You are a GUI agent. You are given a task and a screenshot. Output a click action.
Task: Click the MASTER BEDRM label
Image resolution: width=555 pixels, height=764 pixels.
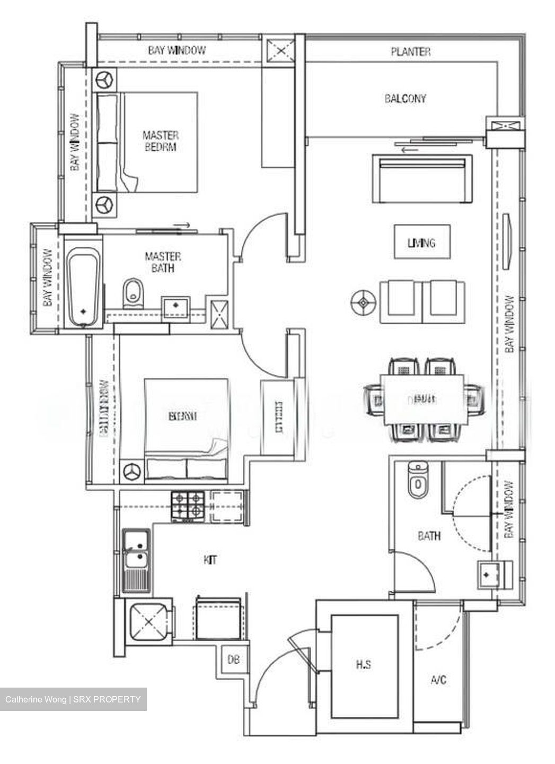[160, 141]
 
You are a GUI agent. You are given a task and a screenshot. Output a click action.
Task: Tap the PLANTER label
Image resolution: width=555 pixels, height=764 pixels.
[410, 51]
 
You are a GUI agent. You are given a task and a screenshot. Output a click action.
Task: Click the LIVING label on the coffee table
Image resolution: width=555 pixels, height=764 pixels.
[421, 242]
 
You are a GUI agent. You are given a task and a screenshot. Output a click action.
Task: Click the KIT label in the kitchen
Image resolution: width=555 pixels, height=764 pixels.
[210, 560]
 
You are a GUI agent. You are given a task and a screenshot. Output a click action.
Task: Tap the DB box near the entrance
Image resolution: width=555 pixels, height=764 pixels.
[233, 660]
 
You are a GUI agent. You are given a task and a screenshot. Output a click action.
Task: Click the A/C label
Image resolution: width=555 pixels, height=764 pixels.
[438, 680]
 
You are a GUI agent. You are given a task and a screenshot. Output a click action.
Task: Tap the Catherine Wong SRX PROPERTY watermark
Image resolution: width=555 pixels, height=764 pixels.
[73, 699]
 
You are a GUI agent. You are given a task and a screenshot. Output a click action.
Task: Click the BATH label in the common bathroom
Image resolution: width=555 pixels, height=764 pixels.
[429, 536]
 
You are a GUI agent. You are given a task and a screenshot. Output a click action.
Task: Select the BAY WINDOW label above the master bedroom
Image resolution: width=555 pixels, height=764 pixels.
[177, 50]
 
